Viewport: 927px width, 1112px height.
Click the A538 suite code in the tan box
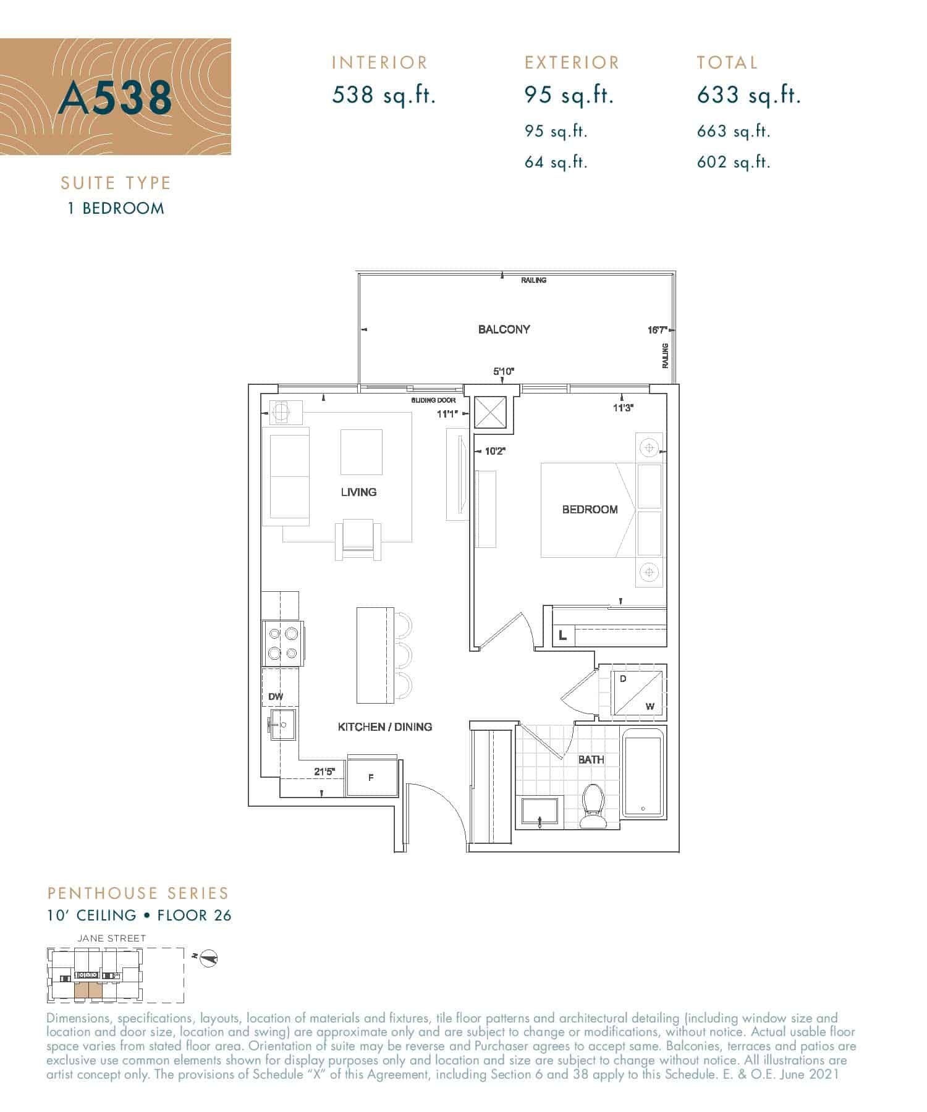[115, 98]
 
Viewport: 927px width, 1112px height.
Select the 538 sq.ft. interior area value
[384, 95]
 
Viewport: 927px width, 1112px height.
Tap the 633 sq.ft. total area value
[748, 95]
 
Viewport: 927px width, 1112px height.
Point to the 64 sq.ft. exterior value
[556, 162]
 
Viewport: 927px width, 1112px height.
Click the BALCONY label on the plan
[504, 329]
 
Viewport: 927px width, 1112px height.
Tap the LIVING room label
[358, 492]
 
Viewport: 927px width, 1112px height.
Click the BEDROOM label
[590, 510]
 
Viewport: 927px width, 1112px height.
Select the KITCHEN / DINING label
[384, 727]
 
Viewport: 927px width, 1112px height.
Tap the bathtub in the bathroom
[644, 772]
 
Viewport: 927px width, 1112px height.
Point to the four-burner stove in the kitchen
[283, 643]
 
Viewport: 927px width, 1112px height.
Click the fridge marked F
[371, 777]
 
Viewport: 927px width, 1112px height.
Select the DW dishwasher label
[276, 697]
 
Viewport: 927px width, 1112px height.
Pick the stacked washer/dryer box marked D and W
[637, 693]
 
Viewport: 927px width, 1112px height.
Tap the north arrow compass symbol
[210, 958]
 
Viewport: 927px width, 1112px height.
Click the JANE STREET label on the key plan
[111, 938]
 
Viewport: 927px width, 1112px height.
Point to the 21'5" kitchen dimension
[324, 772]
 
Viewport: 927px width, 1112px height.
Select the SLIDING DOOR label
[433, 400]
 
